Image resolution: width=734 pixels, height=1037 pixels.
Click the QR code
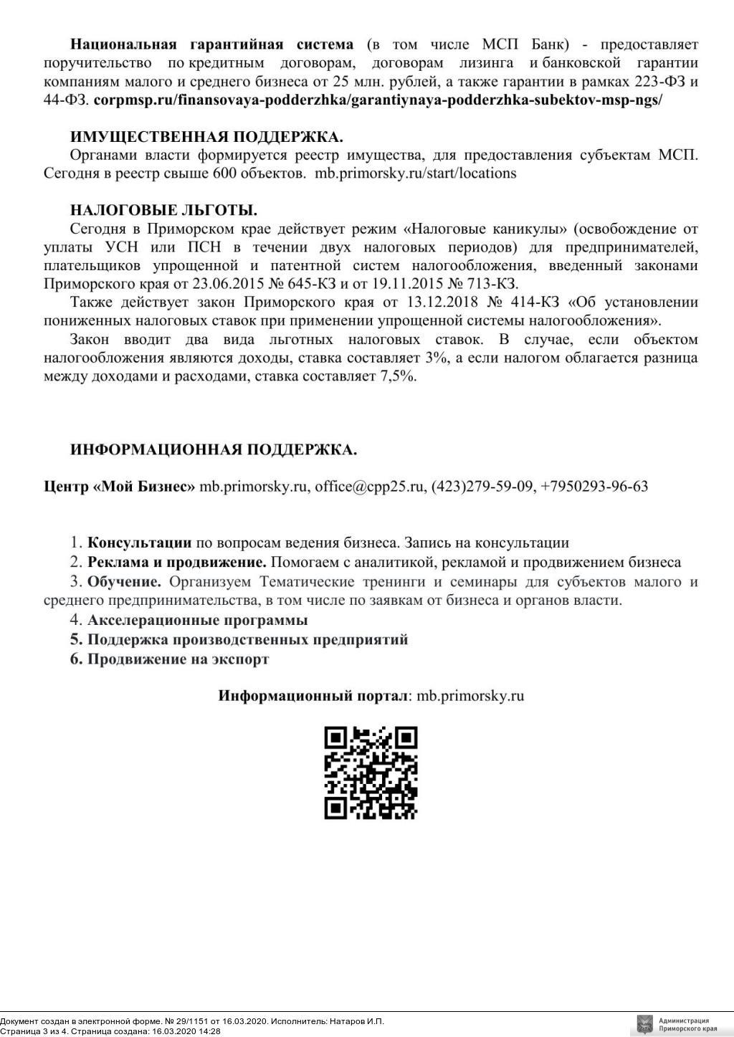(371, 773)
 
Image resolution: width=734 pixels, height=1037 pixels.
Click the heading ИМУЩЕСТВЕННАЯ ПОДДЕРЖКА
(206, 137)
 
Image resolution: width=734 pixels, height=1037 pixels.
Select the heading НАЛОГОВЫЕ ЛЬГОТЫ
(163, 211)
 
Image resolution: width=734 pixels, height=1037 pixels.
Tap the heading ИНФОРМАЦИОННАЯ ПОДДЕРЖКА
(214, 450)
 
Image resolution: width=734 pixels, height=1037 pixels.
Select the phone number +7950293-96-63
(594, 487)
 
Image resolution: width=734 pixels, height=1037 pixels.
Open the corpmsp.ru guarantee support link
(378, 100)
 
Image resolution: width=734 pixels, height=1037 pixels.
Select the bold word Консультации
(139, 543)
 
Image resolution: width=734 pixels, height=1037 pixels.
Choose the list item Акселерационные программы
(197, 620)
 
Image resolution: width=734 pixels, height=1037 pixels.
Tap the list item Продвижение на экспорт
(178, 659)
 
